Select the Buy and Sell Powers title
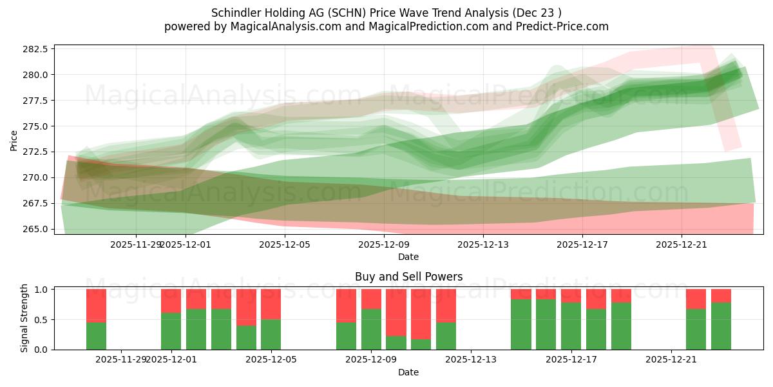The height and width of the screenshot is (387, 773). click(x=408, y=277)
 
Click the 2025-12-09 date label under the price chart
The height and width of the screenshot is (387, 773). click(x=384, y=245)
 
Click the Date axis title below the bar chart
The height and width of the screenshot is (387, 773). click(x=408, y=372)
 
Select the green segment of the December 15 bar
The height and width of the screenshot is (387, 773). click(x=520, y=324)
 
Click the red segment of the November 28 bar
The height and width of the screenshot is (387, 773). click(x=96, y=305)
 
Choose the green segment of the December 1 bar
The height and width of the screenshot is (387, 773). click(x=171, y=331)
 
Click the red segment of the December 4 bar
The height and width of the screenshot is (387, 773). click(x=246, y=307)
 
